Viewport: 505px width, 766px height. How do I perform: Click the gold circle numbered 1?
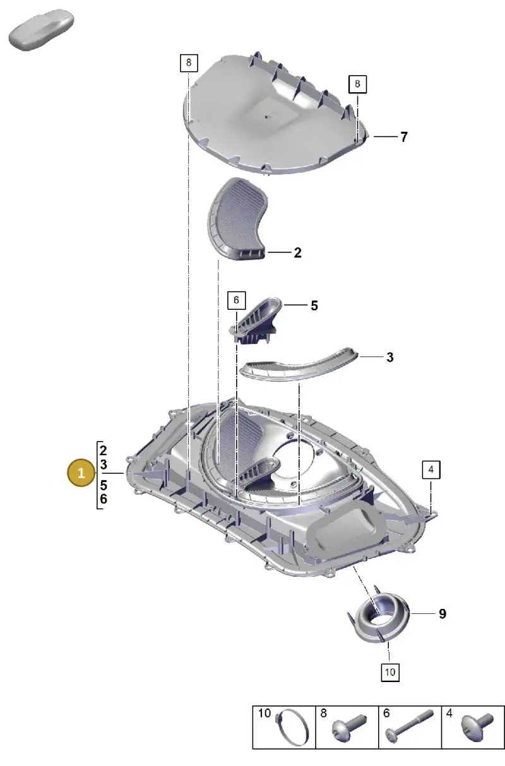(x=81, y=473)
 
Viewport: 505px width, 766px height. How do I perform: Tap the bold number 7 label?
(x=404, y=137)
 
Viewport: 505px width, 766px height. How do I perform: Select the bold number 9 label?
(x=443, y=614)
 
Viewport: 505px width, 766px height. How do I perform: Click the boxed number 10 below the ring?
(x=390, y=672)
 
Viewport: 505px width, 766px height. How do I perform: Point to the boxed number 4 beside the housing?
(x=431, y=469)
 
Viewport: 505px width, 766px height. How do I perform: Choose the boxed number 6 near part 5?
(x=236, y=300)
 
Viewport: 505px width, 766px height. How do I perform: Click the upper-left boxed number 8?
(x=189, y=62)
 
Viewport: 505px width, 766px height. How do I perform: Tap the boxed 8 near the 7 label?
(x=357, y=84)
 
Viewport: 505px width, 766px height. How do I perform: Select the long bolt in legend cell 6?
(x=409, y=726)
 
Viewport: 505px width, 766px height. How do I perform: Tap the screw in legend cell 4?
(x=477, y=726)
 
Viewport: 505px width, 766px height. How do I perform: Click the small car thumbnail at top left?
(x=41, y=30)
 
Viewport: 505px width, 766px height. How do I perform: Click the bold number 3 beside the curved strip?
(x=389, y=357)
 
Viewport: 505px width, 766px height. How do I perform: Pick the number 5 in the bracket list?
(x=104, y=485)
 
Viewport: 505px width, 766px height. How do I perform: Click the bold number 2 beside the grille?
(x=298, y=253)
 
